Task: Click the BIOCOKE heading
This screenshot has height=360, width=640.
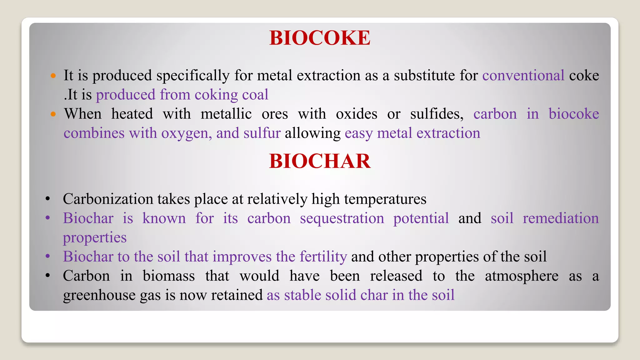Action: click(320, 38)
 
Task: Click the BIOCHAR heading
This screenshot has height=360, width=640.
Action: click(320, 161)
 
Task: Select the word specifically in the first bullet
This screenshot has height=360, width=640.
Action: click(193, 76)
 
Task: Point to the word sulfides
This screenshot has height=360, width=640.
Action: click(437, 114)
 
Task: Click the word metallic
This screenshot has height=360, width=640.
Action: click(226, 114)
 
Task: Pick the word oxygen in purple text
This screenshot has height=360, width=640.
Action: click(186, 133)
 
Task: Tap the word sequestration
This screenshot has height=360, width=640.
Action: click(342, 218)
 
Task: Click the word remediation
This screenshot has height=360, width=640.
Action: click(561, 218)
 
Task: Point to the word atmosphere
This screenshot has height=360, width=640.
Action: click(521, 276)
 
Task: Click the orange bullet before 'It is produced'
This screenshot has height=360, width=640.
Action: click(53, 76)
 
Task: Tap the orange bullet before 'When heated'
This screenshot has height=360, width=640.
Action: click(53, 114)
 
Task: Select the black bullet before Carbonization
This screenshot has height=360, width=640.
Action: click(47, 199)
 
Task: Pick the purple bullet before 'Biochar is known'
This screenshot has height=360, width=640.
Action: click(47, 218)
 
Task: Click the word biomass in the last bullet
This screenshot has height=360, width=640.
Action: click(168, 276)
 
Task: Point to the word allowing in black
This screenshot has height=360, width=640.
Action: click(312, 133)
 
